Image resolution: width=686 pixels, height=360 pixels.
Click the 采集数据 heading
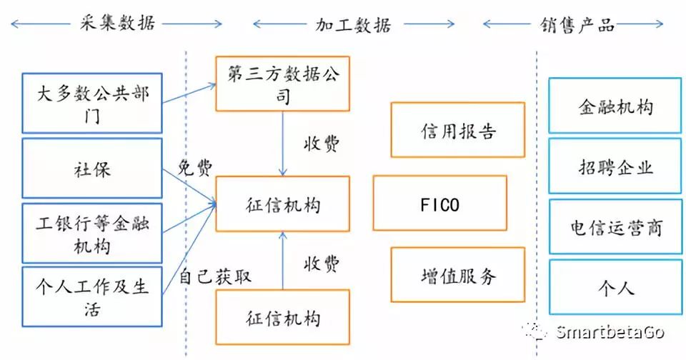(x=116, y=24)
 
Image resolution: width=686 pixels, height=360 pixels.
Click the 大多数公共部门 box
(x=92, y=102)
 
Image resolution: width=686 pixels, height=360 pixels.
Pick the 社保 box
(x=92, y=170)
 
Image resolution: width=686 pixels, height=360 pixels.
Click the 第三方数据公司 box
(x=282, y=84)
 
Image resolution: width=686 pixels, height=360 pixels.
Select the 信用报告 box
(x=457, y=129)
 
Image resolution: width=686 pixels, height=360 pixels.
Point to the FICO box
(x=439, y=204)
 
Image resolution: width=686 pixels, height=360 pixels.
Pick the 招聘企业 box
(x=615, y=167)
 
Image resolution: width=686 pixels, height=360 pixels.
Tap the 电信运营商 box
(x=615, y=228)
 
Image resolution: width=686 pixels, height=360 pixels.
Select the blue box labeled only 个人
(x=615, y=288)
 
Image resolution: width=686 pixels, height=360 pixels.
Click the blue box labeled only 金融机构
(x=615, y=106)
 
